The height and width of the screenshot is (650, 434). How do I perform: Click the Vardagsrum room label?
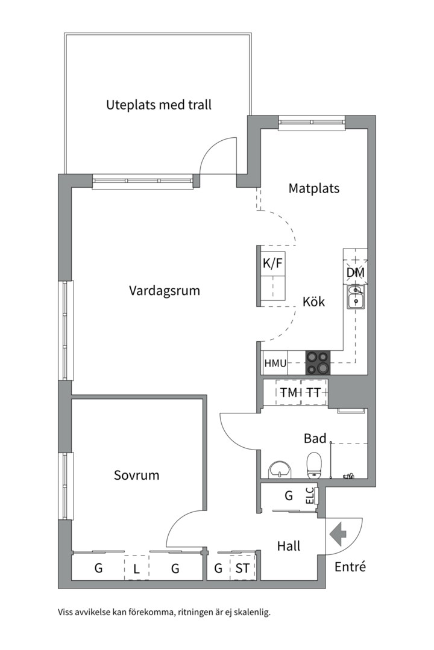tap(164, 291)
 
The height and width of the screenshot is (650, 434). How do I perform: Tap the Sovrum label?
tap(137, 475)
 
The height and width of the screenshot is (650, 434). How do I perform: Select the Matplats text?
tap(313, 188)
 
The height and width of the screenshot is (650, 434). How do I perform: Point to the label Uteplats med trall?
tap(159, 105)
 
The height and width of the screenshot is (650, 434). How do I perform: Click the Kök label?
tap(313, 302)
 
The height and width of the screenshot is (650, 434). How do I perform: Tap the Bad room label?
tap(315, 439)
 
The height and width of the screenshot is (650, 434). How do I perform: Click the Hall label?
tap(289, 546)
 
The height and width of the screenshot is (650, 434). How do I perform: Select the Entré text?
tap(350, 566)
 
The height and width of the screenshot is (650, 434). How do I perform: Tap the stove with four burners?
tap(318, 363)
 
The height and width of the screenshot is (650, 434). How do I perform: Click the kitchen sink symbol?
tap(356, 297)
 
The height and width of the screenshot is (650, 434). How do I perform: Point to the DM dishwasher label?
tap(356, 273)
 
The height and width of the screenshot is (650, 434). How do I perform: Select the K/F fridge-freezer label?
tap(272, 263)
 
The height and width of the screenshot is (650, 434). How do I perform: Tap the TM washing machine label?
tap(288, 392)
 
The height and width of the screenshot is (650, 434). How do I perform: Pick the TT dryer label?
tap(313, 392)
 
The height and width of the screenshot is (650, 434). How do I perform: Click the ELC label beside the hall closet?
tap(310, 495)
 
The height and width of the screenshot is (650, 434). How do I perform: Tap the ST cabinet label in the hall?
tap(243, 568)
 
